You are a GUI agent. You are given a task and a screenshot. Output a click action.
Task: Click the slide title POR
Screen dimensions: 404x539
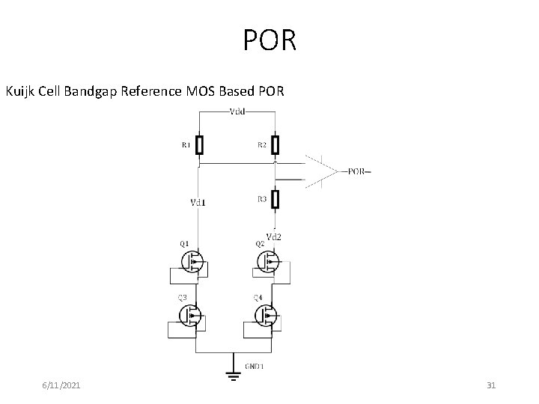(269, 40)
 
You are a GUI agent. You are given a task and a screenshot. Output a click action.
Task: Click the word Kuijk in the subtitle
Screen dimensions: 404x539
(23, 92)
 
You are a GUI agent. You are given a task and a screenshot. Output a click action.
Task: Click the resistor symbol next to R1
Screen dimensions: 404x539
(200, 144)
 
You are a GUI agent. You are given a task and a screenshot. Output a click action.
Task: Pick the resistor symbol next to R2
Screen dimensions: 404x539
(275, 144)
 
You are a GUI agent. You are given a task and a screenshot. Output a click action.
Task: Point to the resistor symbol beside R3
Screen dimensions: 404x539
(275, 199)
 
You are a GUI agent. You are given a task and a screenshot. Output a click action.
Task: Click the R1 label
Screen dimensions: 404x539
(186, 145)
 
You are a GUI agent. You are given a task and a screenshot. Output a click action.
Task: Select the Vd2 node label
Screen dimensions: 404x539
(274, 236)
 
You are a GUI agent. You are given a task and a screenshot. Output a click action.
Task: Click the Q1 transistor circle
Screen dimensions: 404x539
(192, 261)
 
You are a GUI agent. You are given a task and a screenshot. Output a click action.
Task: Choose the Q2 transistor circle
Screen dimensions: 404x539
(268, 261)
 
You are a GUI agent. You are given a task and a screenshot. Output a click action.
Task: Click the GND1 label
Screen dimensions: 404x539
(255, 367)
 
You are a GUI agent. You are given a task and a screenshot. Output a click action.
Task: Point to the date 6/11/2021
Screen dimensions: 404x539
(61, 385)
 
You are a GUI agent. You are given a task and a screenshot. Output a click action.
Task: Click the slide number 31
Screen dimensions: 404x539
(491, 385)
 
